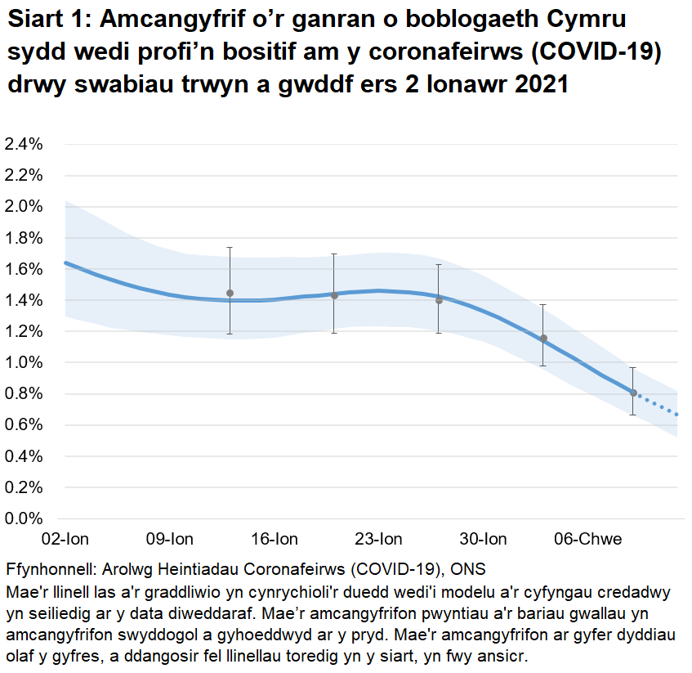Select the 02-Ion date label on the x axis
pyautogui.click(x=65, y=539)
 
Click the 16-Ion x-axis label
pyautogui.click(x=275, y=539)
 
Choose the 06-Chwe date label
pyautogui.click(x=588, y=539)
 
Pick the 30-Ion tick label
pyautogui.click(x=484, y=539)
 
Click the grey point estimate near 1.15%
pyautogui.click(x=543, y=339)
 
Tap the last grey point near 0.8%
pyautogui.click(x=633, y=393)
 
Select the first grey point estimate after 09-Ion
pyautogui.click(x=230, y=293)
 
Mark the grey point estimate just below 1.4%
pyautogui.click(x=439, y=300)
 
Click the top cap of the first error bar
pyautogui.click(x=230, y=247)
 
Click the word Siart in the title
pyautogui.click(x=38, y=20)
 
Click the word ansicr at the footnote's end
pyautogui.click(x=508, y=655)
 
